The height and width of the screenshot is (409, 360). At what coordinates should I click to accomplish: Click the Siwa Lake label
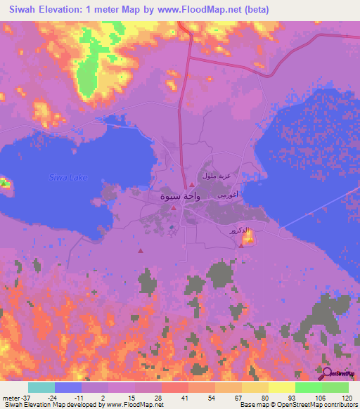[x=68, y=177]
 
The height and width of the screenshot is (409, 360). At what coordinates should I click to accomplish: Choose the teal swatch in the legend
[x=41, y=387]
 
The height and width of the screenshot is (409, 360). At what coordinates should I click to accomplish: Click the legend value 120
[x=347, y=397]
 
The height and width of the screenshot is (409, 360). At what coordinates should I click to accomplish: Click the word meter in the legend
[x=10, y=397]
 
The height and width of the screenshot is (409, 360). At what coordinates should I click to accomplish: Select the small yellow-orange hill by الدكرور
[x=247, y=240]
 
